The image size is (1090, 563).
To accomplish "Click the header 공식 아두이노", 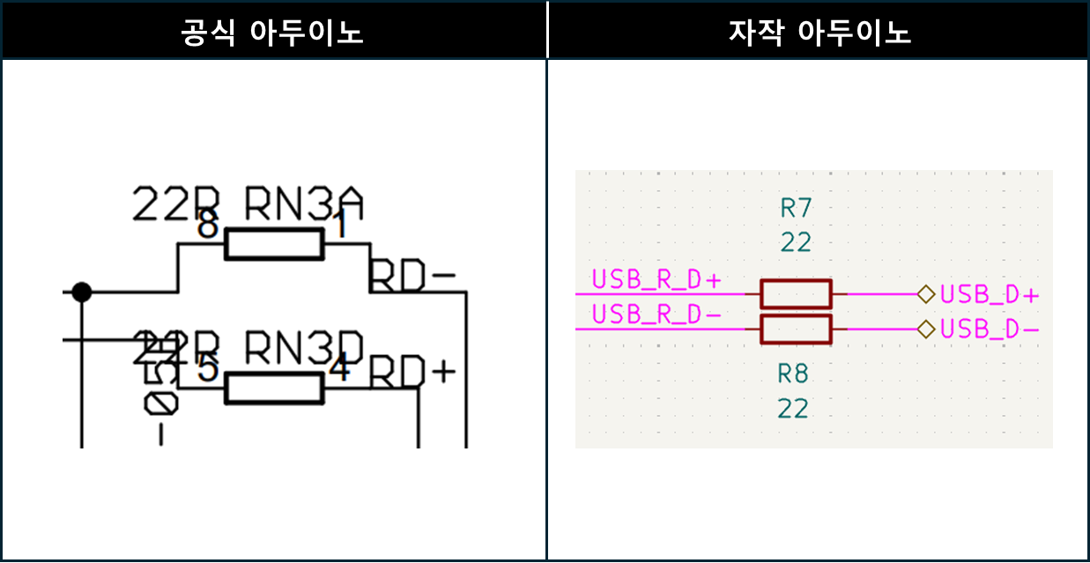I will [x=272, y=33].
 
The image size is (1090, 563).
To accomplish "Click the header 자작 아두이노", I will [x=819, y=33].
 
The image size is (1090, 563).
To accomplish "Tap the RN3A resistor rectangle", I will [x=274, y=244].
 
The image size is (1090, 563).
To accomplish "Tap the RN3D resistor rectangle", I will [x=274, y=388].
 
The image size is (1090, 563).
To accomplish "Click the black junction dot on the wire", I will [x=81, y=292].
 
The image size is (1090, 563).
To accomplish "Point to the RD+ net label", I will [x=412, y=373].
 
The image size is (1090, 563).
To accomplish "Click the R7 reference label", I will [x=796, y=208].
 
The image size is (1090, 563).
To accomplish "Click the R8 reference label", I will [x=793, y=374].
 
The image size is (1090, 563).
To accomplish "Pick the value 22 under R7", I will [x=796, y=242].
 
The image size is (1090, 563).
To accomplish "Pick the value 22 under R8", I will [x=793, y=409].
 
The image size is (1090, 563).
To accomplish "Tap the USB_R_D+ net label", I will [x=656, y=280].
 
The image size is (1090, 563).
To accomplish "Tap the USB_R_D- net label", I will [x=656, y=314].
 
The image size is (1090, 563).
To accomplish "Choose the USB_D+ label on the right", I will [x=990, y=294].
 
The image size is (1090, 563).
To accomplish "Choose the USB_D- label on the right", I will [x=990, y=330].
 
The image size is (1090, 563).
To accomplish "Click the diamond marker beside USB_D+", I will [x=925, y=294].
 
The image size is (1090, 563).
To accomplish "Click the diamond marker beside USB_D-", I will [x=925, y=330].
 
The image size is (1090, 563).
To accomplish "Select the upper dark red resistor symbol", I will [x=796, y=293].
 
